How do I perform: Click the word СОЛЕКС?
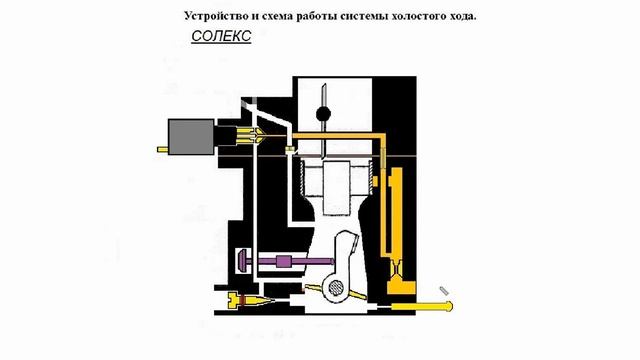[x=221, y=36]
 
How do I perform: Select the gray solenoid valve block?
[x=191, y=137]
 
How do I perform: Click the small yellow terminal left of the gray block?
[x=162, y=150]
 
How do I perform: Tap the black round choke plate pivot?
[x=323, y=114]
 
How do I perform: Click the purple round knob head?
[x=241, y=261]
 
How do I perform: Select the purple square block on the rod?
[x=284, y=261]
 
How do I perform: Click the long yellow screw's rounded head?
[x=449, y=306]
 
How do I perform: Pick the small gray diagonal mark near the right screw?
[x=444, y=291]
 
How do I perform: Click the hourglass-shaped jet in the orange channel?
[x=396, y=270]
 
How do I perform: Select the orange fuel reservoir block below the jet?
[x=401, y=288]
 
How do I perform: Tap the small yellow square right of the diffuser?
[x=376, y=181]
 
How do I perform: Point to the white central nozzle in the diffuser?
[x=336, y=188]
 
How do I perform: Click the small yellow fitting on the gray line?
[x=290, y=150]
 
